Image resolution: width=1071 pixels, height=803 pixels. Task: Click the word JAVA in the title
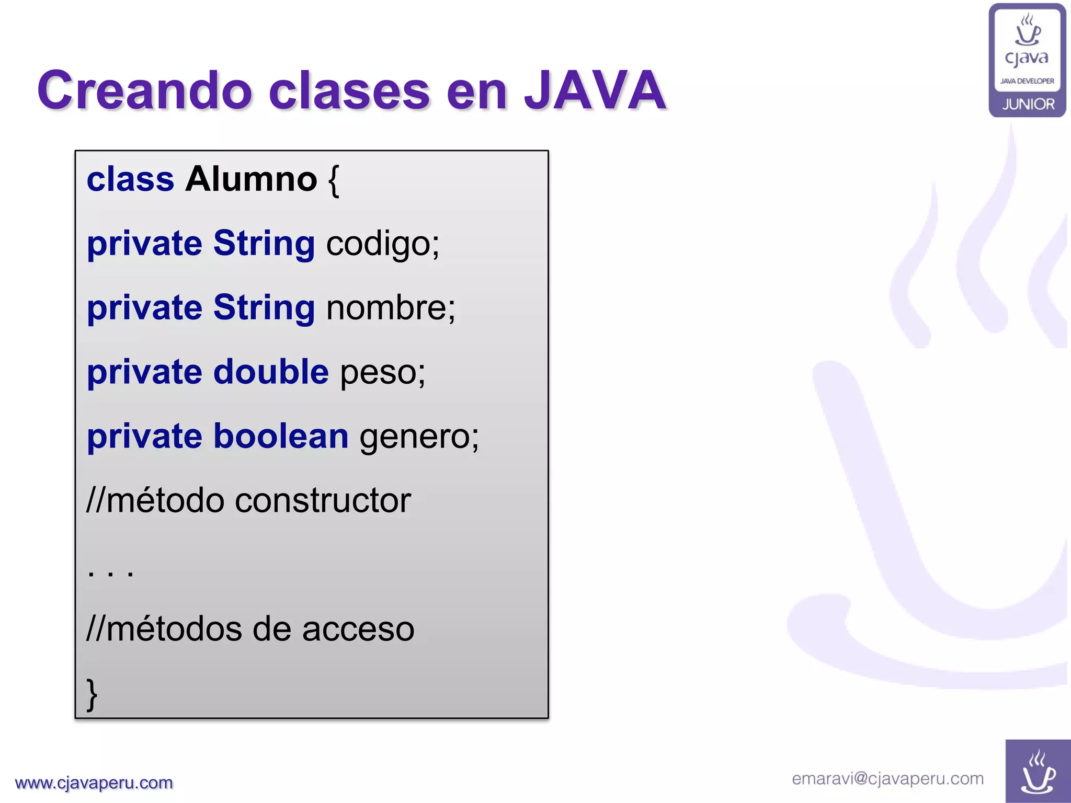tap(595, 90)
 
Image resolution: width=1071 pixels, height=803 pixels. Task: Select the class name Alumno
tap(251, 179)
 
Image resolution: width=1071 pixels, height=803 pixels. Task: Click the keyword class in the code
tap(130, 179)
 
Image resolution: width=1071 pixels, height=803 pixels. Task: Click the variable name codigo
tap(382, 244)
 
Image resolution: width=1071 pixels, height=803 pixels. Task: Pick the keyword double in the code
tap(271, 372)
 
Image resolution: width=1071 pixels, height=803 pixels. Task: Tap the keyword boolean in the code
tap(281, 436)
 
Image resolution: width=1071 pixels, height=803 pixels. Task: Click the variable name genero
tap(419, 437)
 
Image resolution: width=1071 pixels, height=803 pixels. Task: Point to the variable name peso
tap(383, 373)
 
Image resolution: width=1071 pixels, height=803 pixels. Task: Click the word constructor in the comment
tap(323, 500)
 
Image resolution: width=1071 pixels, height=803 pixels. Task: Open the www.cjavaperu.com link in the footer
tap(94, 783)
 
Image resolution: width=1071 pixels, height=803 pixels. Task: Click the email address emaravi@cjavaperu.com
tap(887, 778)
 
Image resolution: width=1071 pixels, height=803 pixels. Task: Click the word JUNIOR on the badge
tap(1028, 104)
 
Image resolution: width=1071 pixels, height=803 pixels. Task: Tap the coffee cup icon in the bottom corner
tap(1038, 772)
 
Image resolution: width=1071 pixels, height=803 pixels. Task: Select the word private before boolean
tap(144, 436)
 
